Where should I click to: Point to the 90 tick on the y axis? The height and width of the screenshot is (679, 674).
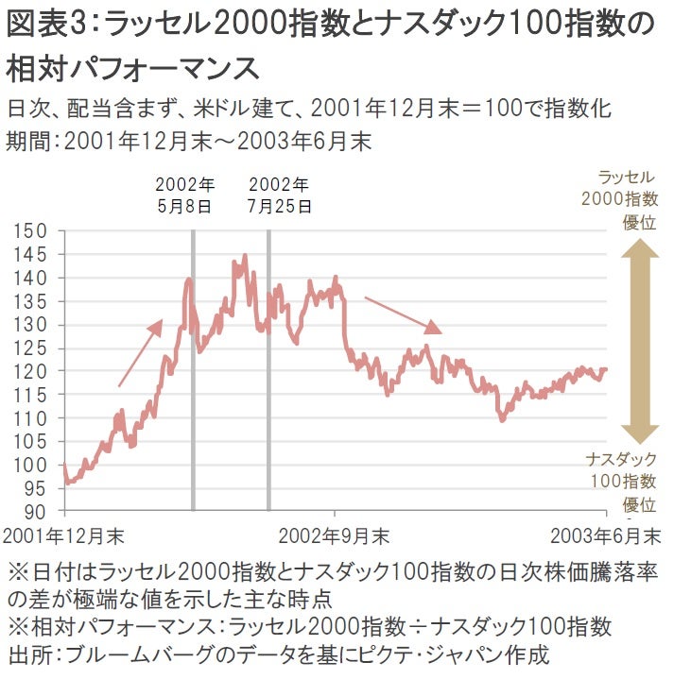tap(36, 511)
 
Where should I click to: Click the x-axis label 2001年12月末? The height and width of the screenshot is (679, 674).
tap(64, 535)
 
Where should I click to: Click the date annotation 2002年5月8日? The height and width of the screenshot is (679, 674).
tap(184, 194)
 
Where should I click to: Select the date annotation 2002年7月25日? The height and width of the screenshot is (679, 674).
tap(278, 194)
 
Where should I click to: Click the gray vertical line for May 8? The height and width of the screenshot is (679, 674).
tap(193, 378)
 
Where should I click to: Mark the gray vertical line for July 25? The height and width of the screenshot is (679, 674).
tap(268, 378)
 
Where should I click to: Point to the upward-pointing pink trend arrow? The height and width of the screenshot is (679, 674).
tap(140, 353)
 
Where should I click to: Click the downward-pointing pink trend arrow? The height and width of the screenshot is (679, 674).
tap(403, 315)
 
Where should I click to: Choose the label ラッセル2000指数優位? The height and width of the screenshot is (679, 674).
tap(625, 199)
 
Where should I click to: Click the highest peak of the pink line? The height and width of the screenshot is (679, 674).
tap(245, 255)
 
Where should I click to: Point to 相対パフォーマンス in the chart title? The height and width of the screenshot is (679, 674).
tap(132, 68)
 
